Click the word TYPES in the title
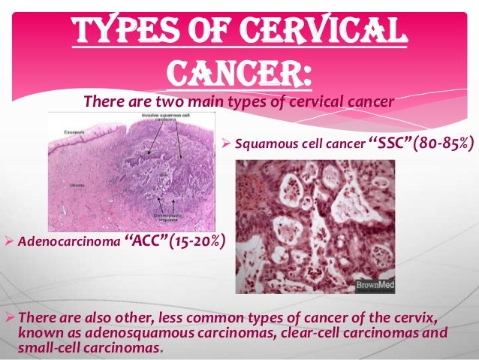tap(120, 31)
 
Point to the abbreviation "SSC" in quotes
tap(393, 142)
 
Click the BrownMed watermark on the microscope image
tap(376, 286)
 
